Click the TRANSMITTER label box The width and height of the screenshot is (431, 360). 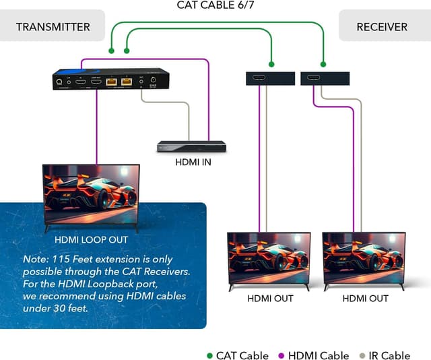pyautogui.click(x=53, y=26)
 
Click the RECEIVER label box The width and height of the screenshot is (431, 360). pyautogui.click(x=382, y=26)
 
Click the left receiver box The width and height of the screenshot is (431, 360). pyautogui.click(x=269, y=78)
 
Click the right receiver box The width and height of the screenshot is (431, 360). pyautogui.click(x=325, y=78)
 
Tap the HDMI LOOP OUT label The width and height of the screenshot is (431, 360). pyautogui.click(x=91, y=239)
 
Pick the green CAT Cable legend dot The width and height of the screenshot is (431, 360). pyautogui.click(x=209, y=356)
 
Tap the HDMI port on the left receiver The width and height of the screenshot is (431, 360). pyautogui.click(x=259, y=79)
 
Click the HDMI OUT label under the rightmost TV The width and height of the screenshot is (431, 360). pyautogui.click(x=365, y=298)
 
